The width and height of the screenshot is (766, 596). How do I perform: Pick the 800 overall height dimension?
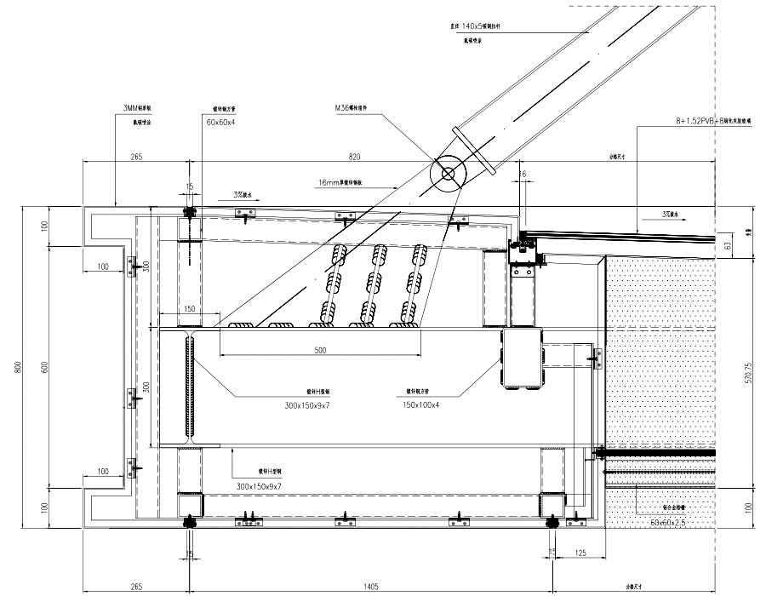(x=18, y=368)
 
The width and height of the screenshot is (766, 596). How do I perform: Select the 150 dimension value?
(x=189, y=309)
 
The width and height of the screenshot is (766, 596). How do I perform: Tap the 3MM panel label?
(x=138, y=109)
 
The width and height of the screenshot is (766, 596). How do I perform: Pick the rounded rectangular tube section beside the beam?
(x=523, y=358)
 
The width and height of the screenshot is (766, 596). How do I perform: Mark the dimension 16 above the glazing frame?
(x=523, y=173)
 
